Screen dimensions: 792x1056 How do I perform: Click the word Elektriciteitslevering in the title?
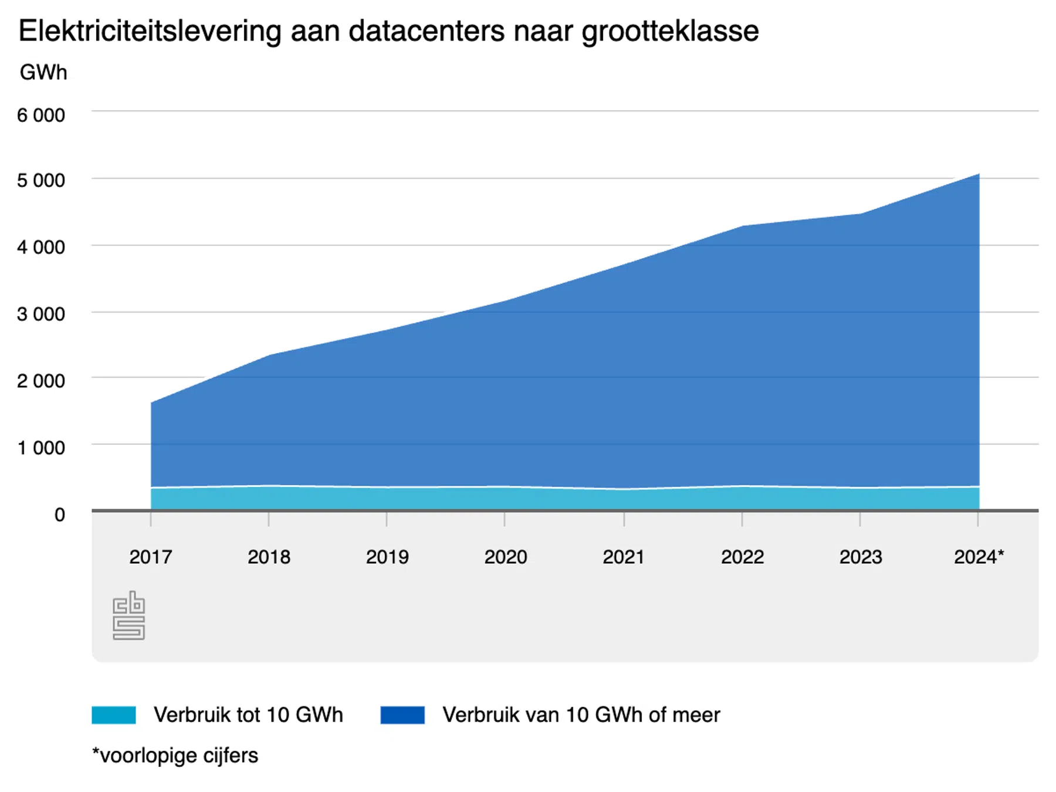(x=150, y=31)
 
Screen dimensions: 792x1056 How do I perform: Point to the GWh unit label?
(x=43, y=73)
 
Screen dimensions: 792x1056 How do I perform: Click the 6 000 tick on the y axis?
(x=40, y=116)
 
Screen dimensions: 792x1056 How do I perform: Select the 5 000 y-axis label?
(x=40, y=181)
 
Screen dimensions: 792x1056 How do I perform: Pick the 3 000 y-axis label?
(x=40, y=314)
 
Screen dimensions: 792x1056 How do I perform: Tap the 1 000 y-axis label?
(x=40, y=448)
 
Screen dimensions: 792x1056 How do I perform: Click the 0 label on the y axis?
(x=59, y=515)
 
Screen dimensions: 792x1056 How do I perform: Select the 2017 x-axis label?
(x=151, y=557)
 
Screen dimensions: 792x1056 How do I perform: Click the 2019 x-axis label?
(x=387, y=557)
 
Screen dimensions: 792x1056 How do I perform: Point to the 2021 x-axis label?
(x=623, y=557)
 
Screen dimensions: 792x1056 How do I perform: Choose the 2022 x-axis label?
(x=742, y=557)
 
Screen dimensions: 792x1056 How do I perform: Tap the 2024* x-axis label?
(x=979, y=557)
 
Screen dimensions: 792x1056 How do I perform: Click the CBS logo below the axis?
(x=128, y=615)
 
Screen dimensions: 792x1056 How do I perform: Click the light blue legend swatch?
(x=114, y=715)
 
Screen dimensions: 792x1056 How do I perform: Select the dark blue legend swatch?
(x=402, y=715)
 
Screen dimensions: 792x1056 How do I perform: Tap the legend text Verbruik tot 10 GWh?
(x=248, y=715)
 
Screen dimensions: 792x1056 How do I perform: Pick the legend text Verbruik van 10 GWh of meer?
(x=581, y=715)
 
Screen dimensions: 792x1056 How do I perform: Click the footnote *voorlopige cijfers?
(x=175, y=756)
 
